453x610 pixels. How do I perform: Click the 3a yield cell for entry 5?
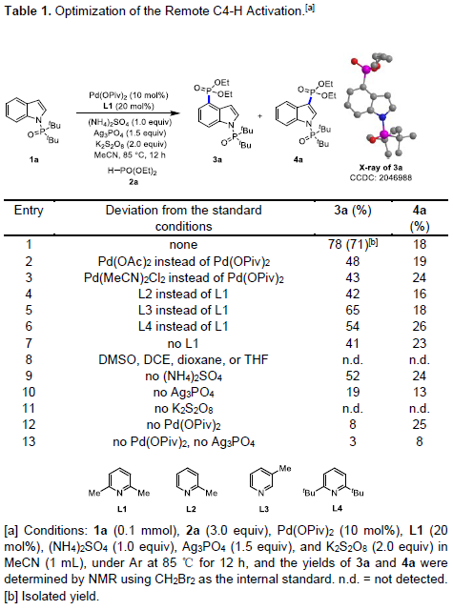pos(353,310)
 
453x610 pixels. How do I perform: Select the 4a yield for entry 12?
pos(420,424)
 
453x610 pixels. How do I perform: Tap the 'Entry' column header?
pos(29,210)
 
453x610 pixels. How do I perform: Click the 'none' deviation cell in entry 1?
pos(183,245)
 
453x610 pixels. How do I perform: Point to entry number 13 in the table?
pos(29,441)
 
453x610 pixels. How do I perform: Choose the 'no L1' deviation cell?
pos(183,343)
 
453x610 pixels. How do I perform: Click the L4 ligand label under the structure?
pos(337,508)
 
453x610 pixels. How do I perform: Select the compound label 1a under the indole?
pos(34,159)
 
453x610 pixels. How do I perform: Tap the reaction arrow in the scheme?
pos(128,113)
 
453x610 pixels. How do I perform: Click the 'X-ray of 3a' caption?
pos(381,168)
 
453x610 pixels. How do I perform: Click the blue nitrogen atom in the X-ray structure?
pos(383,116)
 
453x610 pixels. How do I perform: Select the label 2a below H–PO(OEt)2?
pos(134,182)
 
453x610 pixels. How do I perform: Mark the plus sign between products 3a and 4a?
pos(259,115)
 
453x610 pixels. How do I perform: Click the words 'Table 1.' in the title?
pos(28,10)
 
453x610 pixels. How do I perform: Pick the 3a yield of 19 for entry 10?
pos(353,392)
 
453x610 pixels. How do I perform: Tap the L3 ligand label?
pos(264,509)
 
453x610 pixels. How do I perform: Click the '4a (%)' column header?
pos(420,218)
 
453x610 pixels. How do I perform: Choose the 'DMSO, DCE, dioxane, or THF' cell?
pos(183,360)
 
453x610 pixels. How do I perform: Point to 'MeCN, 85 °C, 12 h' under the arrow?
pos(130,155)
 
